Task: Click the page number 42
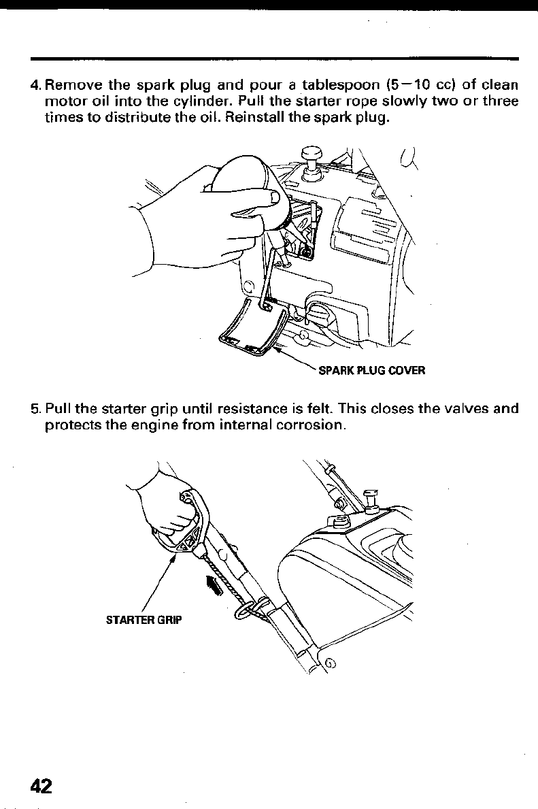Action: [x=40, y=785]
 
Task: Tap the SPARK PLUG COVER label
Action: [x=371, y=371]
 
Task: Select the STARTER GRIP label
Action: [x=145, y=620]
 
